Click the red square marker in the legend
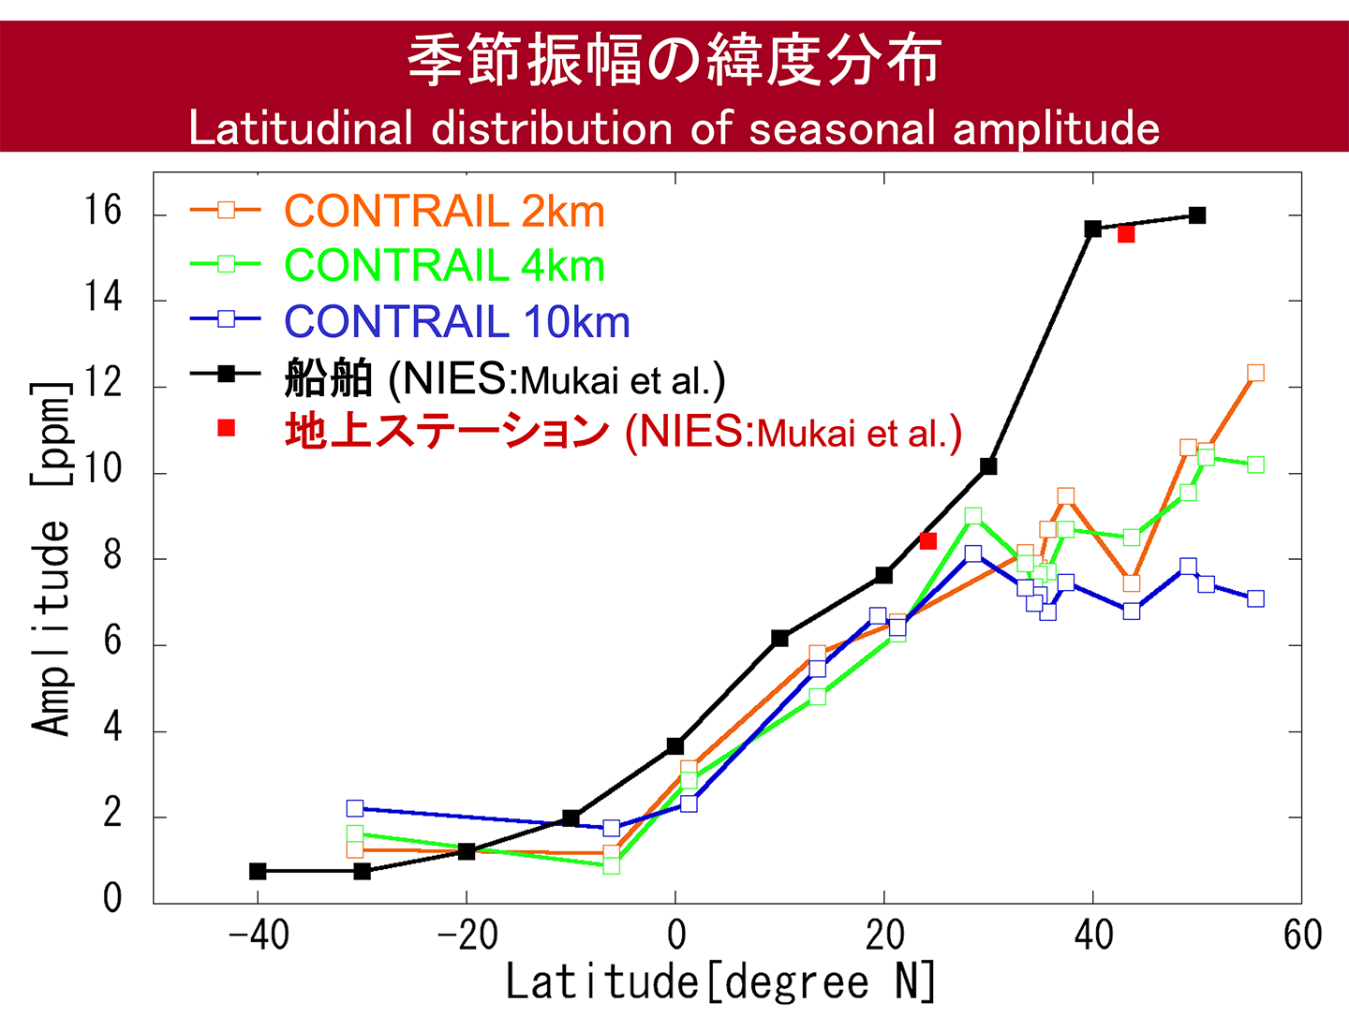(226, 428)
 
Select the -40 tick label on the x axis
(259, 936)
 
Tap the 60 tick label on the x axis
(1302, 936)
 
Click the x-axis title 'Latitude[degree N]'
(720, 982)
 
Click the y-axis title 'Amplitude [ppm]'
(52, 558)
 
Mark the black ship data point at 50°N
(1196, 215)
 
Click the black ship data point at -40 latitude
(258, 871)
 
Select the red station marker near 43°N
(1126, 234)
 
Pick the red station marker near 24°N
(928, 541)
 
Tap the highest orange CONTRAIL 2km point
(1255, 373)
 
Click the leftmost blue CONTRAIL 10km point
(355, 808)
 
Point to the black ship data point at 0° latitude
(675, 745)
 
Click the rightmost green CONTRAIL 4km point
(1255, 464)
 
